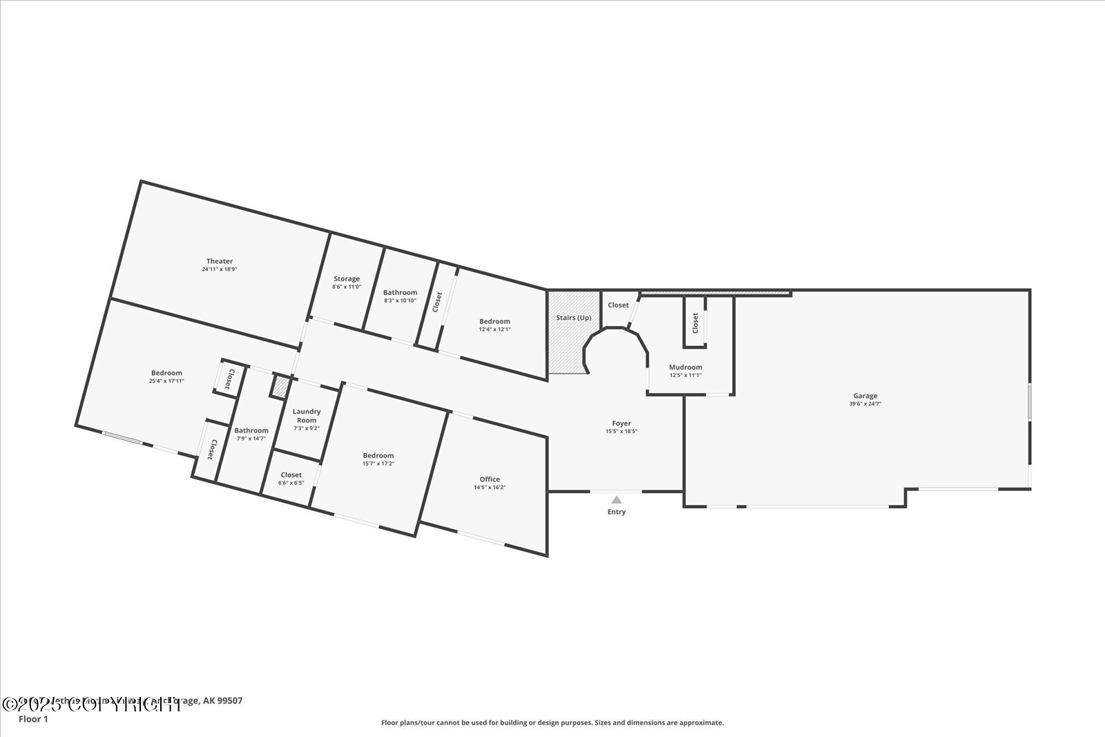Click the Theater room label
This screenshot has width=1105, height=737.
point(220,261)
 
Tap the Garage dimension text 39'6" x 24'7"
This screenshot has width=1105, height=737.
point(865,404)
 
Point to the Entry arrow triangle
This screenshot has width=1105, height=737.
point(617,499)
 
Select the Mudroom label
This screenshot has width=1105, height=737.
point(686,367)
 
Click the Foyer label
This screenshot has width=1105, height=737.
point(622,423)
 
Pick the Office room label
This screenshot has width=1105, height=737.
point(490,479)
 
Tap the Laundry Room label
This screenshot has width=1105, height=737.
point(307,416)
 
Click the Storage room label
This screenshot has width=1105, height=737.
point(347,279)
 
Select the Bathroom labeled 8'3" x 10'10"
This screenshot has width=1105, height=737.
point(401,293)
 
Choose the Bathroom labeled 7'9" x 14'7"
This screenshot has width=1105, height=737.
point(251,431)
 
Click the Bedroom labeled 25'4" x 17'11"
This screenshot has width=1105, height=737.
point(166,373)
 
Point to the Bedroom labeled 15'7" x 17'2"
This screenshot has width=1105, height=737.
point(378,455)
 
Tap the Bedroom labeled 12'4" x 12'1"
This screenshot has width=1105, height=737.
point(495,321)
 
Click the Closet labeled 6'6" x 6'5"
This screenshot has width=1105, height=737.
point(291,475)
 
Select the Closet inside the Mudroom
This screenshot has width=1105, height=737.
point(695,322)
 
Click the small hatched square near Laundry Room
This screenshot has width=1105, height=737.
point(280,386)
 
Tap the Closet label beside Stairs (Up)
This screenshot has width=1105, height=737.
point(618,305)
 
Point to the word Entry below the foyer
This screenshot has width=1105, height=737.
point(617,512)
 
